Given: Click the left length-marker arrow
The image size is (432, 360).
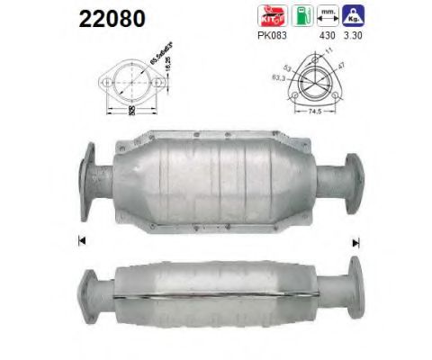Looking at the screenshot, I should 82,241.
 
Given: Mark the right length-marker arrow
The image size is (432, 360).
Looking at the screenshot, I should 356,241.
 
